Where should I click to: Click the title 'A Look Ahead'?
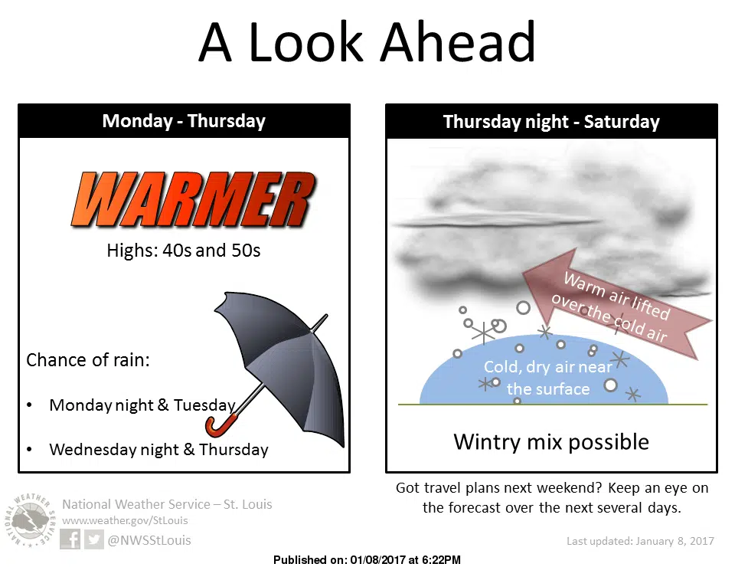point(367,42)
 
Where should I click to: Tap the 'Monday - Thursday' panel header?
point(184,121)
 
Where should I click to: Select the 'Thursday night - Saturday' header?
point(551,122)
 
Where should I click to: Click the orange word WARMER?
point(194,200)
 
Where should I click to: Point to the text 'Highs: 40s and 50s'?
point(183,251)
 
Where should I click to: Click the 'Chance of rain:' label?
point(87,360)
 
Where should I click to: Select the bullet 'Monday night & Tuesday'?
point(142,405)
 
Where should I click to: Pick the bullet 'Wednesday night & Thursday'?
point(159,449)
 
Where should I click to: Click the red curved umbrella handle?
point(220,425)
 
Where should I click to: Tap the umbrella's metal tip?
point(322,319)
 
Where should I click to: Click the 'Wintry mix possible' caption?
point(551,442)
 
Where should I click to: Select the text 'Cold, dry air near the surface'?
point(548,378)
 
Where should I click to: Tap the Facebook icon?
point(70,539)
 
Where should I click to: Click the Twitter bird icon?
point(93,539)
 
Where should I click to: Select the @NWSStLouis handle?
point(149,540)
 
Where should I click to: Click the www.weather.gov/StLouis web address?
point(125,520)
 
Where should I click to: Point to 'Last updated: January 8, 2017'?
point(640,541)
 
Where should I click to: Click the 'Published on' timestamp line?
point(367,560)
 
